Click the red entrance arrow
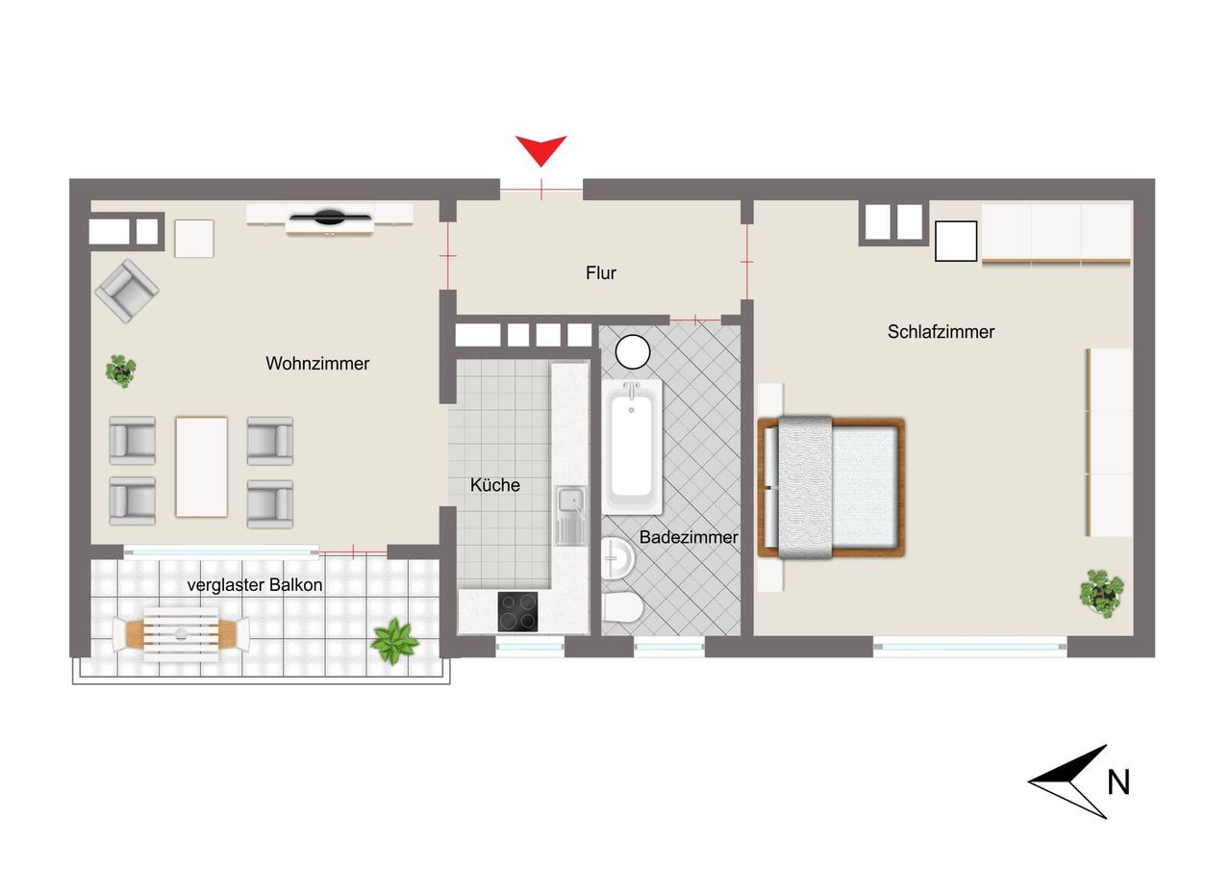coord(540,147)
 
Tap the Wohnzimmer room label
coord(317,364)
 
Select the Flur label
coord(601,272)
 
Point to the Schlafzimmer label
coord(941,332)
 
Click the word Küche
coord(494,485)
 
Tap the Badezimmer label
coord(689,537)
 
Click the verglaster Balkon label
coord(255,585)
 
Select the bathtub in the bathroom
coord(632,447)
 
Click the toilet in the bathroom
coord(622,608)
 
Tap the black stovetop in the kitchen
coord(517,611)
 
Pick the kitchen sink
coord(570,515)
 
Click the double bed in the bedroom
coord(831,488)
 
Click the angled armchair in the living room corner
coord(127,291)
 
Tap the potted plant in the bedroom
coord(1101,594)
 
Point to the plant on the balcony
coord(394,641)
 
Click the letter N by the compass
coord(1118,781)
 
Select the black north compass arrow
coord(1067,781)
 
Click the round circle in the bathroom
coord(633,352)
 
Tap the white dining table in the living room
coord(201,467)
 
